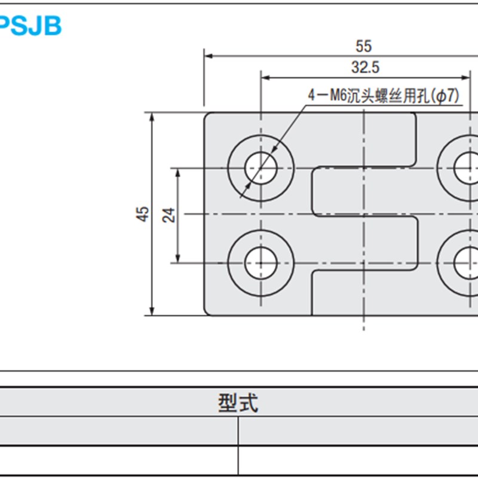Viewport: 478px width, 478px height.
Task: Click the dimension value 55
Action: click(x=363, y=45)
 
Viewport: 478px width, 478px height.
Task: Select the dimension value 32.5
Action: click(x=365, y=68)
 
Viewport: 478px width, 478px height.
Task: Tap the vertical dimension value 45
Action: click(x=143, y=214)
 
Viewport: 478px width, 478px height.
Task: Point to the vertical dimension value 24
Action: click(x=168, y=215)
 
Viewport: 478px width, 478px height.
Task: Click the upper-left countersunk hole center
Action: click(x=261, y=167)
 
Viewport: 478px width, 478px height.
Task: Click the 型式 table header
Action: click(x=238, y=404)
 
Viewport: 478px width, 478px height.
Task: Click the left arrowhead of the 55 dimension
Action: click(x=209, y=56)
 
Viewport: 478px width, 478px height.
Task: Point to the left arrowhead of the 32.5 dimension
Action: click(x=265, y=78)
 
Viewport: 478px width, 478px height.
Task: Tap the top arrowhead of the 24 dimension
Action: click(x=177, y=171)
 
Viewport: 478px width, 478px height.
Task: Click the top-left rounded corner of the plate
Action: click(x=207, y=115)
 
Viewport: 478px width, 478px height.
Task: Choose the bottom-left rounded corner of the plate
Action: click(x=207, y=312)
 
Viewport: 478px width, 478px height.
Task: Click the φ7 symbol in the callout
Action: click(x=448, y=95)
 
